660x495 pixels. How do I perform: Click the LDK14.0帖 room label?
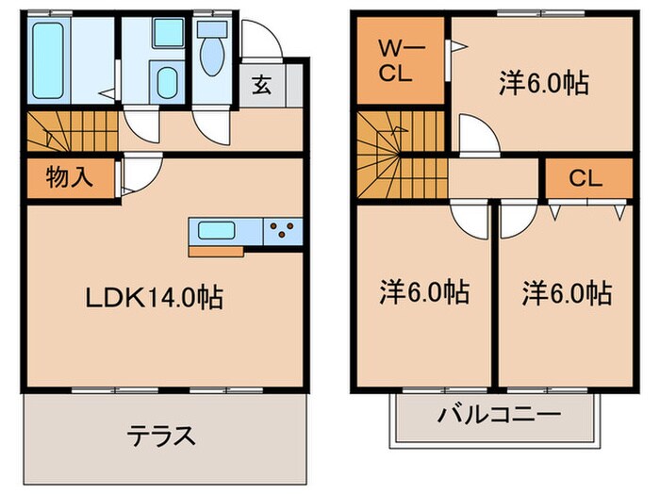(154, 299)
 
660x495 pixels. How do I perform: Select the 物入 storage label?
(68, 178)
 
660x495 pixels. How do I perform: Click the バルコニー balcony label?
(498, 415)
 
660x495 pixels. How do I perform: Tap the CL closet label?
(586, 178)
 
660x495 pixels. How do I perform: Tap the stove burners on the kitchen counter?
(283, 228)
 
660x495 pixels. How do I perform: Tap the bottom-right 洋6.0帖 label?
(567, 291)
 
